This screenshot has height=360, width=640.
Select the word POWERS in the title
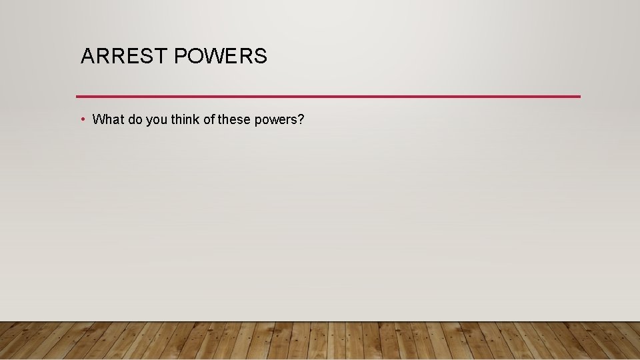click(221, 57)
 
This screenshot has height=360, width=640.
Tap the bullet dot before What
click(81, 119)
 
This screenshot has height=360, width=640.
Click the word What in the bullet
click(109, 120)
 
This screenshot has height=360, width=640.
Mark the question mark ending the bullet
click(301, 120)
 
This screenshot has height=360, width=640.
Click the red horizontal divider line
click(328, 97)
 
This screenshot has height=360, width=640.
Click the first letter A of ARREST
click(87, 57)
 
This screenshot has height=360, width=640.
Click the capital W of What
click(99, 120)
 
